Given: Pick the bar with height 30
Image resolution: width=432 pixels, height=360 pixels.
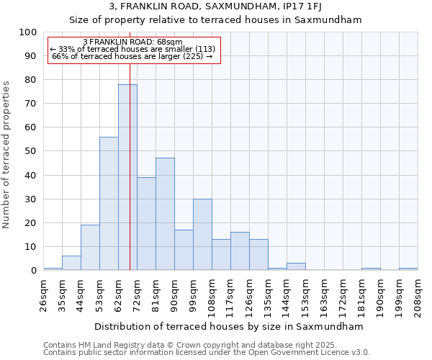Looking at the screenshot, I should tap(202, 234).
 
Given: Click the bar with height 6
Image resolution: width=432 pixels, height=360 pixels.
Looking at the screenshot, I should tap(71, 263).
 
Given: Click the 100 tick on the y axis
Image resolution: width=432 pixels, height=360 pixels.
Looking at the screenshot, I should tap(28, 32).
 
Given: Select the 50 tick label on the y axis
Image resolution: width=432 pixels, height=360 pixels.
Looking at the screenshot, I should tap(31, 151).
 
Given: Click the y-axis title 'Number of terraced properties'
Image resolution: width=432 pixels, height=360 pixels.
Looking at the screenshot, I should tap(6, 154).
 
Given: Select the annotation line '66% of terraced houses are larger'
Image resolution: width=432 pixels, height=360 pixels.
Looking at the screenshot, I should tap(132, 56).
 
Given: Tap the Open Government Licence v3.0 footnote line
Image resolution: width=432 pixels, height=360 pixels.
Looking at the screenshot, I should tap(206, 353).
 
